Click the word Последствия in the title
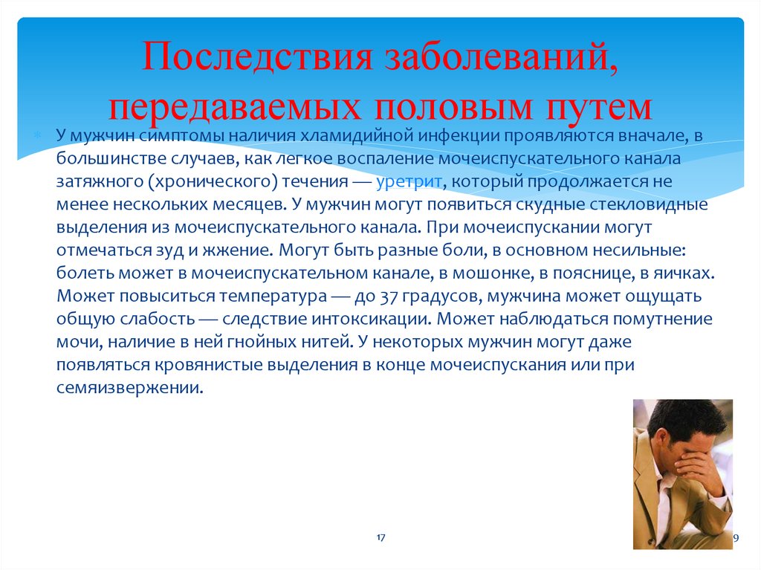pyautogui.click(x=257, y=57)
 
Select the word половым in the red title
pyautogui.click(x=453, y=107)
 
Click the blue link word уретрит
pyautogui.click(x=409, y=181)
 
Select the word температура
pyautogui.click(x=273, y=297)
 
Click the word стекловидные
pyautogui.click(x=648, y=204)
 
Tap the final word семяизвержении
pyautogui.click(x=129, y=388)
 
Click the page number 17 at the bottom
pyautogui.click(x=380, y=537)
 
